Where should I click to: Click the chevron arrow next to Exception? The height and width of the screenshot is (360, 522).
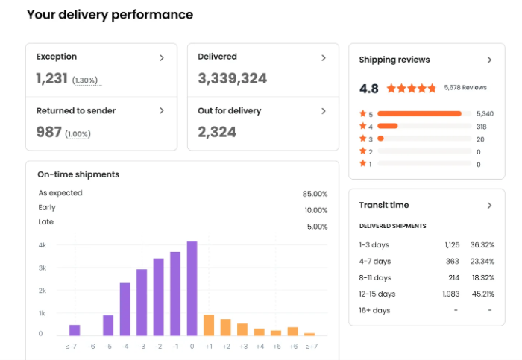pos(162,57)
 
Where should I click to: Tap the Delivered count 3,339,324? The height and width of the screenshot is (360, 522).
pos(232,78)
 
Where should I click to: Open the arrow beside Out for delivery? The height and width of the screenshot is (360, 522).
pos(324,111)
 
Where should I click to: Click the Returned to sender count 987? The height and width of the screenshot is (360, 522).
pos(49,132)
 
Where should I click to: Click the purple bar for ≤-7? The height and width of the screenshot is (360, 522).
pos(75,329)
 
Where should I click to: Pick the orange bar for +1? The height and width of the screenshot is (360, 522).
pos(209,325)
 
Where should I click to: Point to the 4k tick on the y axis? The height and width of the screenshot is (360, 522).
pos(43,244)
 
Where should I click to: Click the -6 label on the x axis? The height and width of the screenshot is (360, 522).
pos(91,346)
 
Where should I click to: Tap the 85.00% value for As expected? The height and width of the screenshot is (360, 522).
pos(315,194)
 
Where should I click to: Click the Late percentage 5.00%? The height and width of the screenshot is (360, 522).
pos(316,227)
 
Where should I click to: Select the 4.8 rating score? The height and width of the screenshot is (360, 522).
pos(368,89)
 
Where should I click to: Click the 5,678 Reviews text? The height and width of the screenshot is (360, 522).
pos(465,88)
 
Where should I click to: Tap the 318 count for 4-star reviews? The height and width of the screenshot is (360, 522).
pos(481,127)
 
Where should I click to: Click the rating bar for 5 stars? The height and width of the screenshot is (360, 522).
pos(419,113)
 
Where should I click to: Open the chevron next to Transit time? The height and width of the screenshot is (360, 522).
pos(489,205)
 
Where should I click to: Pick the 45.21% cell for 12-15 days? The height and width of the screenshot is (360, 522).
pos(481,294)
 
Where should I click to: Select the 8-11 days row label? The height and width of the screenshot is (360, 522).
pos(375,277)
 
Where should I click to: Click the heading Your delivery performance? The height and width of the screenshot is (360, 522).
pos(110,15)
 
